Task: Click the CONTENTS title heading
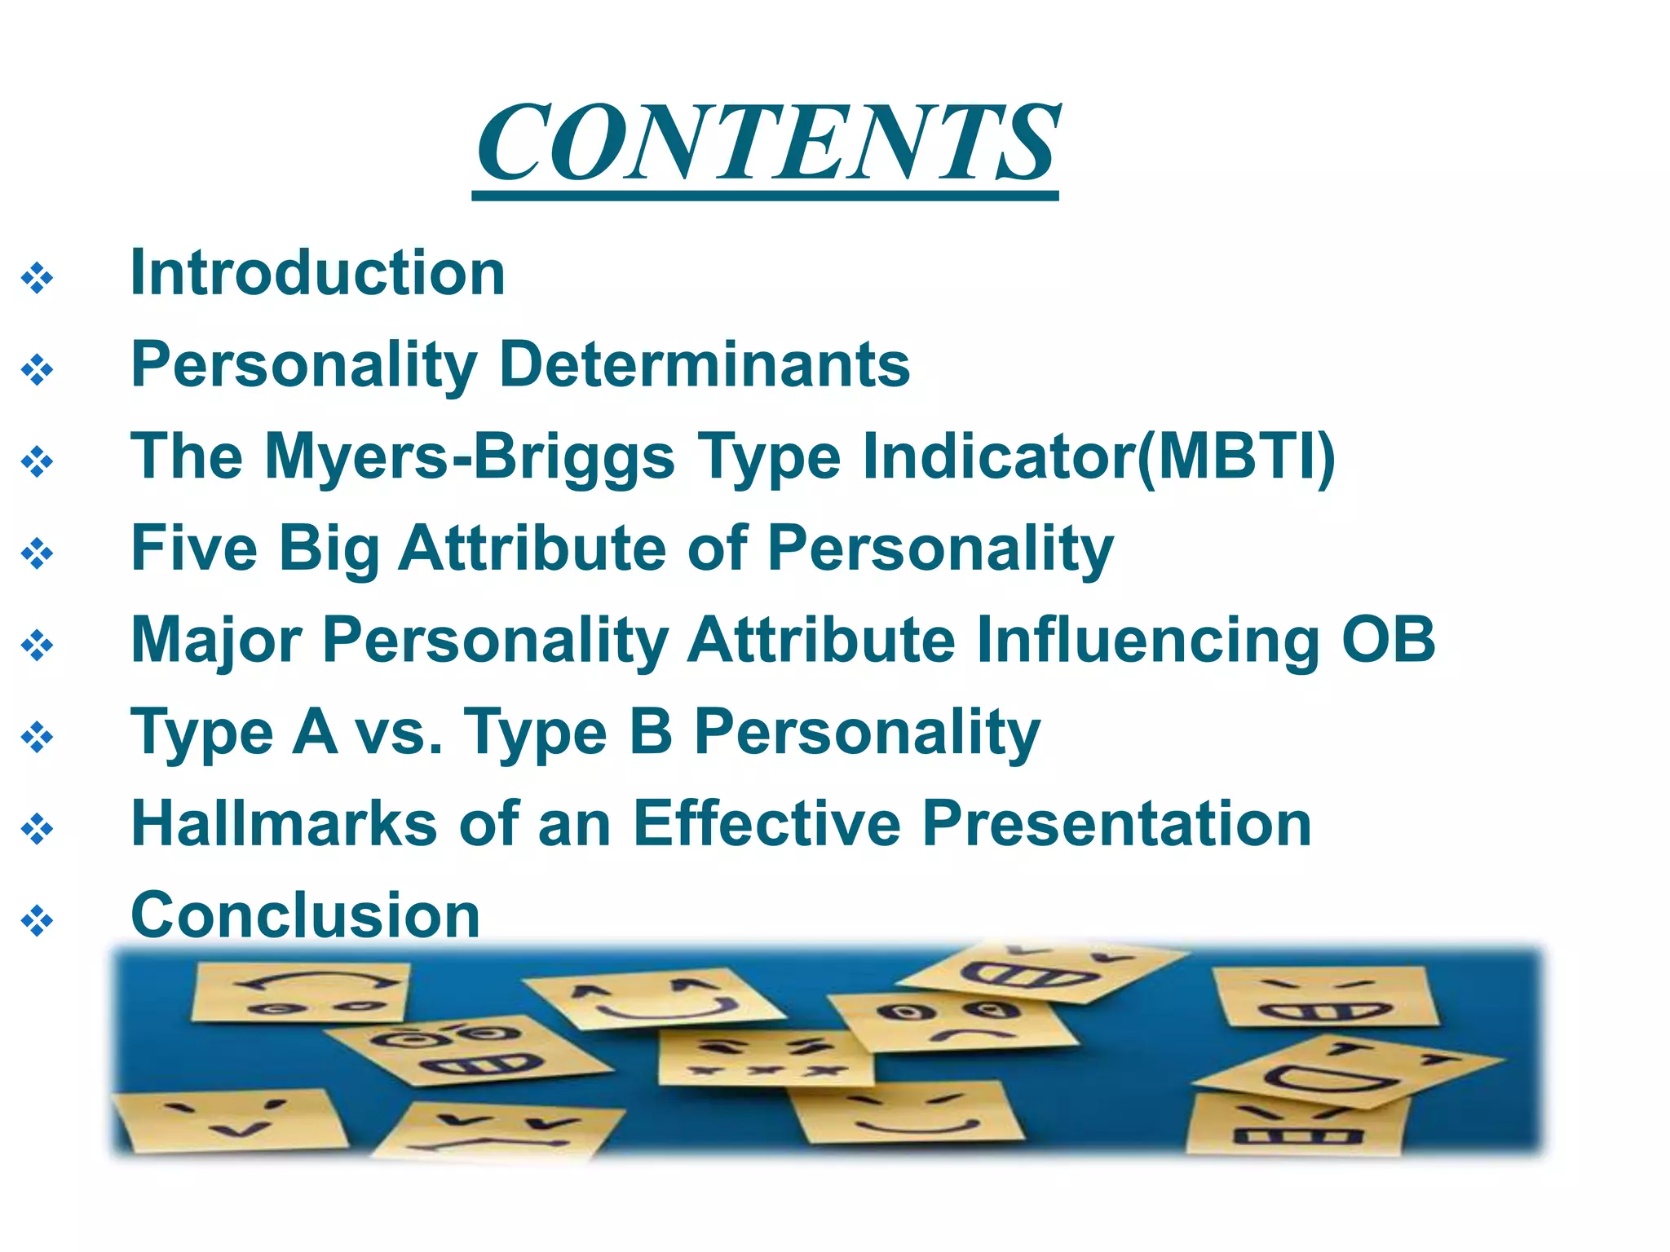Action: [767, 143]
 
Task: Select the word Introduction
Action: [318, 273]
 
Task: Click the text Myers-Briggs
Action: [470, 456]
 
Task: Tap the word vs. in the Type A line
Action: [400, 732]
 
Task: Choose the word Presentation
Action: [1117, 823]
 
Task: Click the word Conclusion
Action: [306, 915]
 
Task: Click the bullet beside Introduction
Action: [38, 279]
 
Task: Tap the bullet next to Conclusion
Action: [38, 922]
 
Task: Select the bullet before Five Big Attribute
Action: [38, 554]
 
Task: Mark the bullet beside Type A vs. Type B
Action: [38, 738]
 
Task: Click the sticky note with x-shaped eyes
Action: [762, 1060]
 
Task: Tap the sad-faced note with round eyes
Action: [950, 1023]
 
